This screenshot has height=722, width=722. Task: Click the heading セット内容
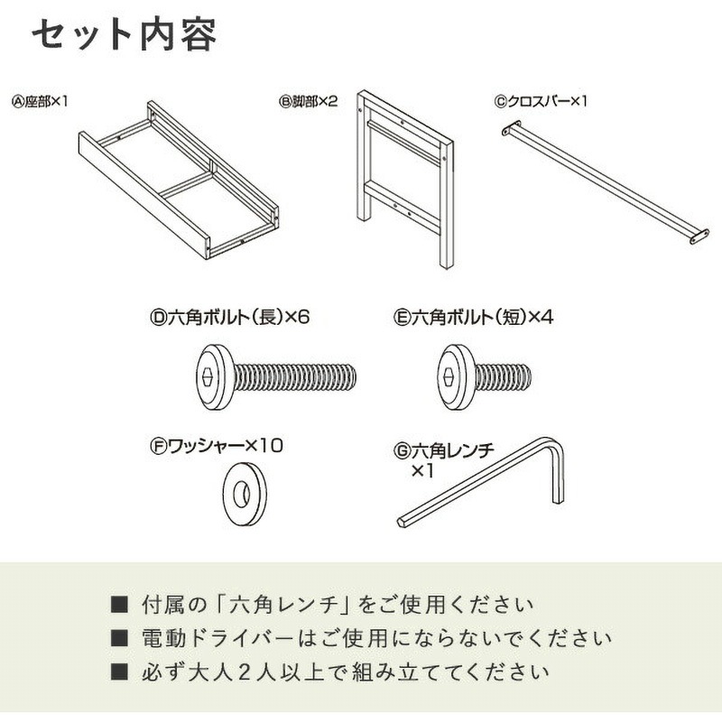click(124, 34)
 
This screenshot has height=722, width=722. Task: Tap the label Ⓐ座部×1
click(40, 101)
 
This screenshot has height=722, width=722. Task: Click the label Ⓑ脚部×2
click(309, 101)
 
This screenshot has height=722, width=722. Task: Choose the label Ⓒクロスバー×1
click(541, 101)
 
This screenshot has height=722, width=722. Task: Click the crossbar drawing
click(603, 183)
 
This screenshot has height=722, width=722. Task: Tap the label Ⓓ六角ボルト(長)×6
click(230, 317)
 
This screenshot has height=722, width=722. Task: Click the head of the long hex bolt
click(215, 376)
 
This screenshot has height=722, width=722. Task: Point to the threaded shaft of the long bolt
click(295, 376)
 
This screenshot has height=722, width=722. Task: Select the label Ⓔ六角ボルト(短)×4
click(473, 317)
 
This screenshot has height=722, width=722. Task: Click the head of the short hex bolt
click(456, 376)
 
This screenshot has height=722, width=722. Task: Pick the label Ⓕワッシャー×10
click(217, 446)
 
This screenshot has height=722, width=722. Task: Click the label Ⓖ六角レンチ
click(444, 450)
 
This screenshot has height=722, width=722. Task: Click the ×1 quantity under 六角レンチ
click(422, 470)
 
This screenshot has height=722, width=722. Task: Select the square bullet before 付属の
click(119, 605)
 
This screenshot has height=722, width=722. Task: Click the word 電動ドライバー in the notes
click(218, 639)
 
